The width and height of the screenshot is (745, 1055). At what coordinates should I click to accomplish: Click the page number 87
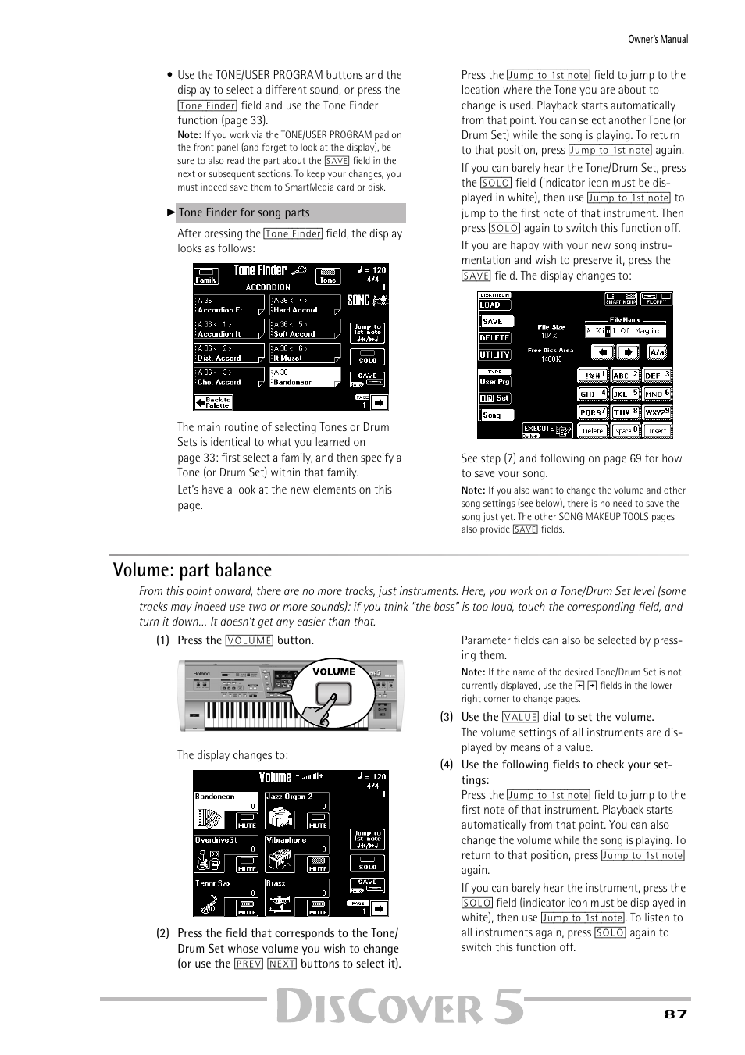pos(675,1014)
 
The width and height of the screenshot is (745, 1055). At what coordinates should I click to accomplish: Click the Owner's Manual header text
pos(659,39)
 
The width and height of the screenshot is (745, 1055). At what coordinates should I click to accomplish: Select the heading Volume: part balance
pos(192,570)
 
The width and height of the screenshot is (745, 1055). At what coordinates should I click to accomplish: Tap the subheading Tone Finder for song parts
pos(244,212)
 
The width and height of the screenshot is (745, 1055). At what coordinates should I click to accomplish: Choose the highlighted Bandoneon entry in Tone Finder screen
pos(305,378)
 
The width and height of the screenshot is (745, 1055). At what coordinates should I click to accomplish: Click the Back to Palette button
pos(213,402)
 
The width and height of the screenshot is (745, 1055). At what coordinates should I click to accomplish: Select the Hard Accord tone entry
pos(305,305)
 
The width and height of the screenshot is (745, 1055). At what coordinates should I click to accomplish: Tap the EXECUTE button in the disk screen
pos(547,429)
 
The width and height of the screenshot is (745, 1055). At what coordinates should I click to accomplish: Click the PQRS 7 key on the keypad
pos(593,412)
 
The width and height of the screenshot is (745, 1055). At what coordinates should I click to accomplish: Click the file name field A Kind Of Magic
pos(625,330)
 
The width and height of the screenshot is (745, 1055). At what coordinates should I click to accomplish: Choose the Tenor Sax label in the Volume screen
pos(213,883)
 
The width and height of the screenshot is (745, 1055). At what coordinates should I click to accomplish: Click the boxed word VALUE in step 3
pos(520,717)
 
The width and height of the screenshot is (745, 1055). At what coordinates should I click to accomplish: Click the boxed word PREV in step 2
pos(248,964)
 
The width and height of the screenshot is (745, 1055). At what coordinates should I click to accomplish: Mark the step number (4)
pos(446,765)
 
